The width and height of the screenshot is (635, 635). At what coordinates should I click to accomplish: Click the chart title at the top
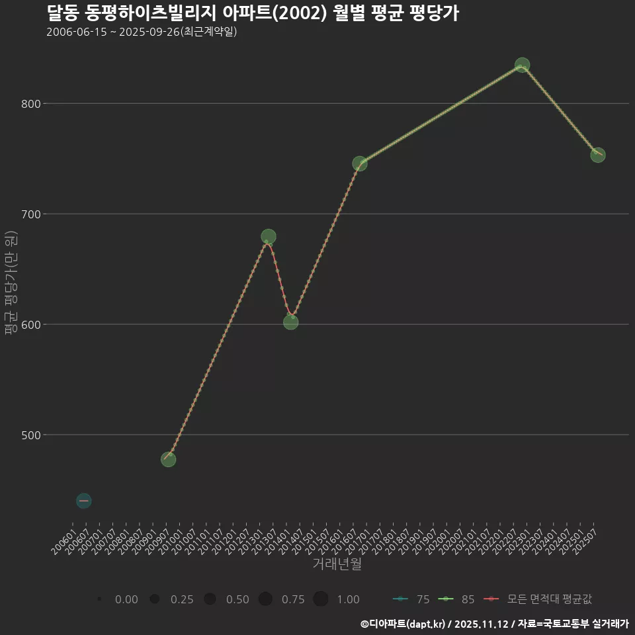click(253, 13)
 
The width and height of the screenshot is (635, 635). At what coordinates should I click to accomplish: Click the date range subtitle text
click(142, 32)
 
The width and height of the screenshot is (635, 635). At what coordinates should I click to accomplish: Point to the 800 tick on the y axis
click(31, 104)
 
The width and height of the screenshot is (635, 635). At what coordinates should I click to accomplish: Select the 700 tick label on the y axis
click(31, 214)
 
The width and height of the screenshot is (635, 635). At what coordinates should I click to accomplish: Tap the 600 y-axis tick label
click(31, 325)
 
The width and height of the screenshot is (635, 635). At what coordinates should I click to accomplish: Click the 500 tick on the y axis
click(31, 435)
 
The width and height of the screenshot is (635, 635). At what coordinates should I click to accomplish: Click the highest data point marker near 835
click(522, 65)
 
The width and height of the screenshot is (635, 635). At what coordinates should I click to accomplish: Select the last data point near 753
click(598, 155)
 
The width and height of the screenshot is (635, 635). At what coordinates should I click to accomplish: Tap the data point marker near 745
click(360, 163)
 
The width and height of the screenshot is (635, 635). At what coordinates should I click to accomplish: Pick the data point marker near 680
click(269, 237)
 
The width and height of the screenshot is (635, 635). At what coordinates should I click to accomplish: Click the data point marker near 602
click(291, 322)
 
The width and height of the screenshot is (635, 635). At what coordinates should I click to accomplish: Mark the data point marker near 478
click(169, 459)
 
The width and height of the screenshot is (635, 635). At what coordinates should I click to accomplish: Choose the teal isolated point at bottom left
click(83, 501)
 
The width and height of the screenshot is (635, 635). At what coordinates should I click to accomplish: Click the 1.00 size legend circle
click(321, 599)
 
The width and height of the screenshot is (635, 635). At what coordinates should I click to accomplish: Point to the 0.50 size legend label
click(237, 599)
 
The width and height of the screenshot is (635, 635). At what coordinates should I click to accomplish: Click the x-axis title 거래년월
click(337, 565)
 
